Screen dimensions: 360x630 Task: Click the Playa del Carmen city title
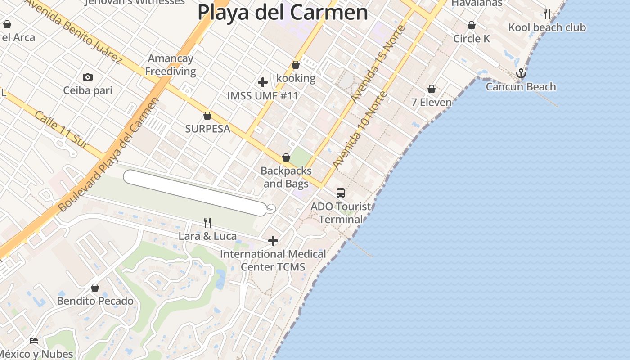[x=283, y=12]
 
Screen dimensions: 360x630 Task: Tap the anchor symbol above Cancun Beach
[x=521, y=73]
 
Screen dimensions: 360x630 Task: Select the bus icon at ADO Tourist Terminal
[x=341, y=193]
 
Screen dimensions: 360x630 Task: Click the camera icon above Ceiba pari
[x=88, y=77]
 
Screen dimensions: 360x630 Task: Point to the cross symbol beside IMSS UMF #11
[x=263, y=82]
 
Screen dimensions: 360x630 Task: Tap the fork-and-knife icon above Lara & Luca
[x=207, y=222]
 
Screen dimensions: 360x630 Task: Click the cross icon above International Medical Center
[x=273, y=241]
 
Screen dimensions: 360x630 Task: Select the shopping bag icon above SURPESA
[x=207, y=116]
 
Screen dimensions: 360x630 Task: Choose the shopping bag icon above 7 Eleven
[x=432, y=90]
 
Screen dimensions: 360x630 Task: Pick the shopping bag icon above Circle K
[x=472, y=26]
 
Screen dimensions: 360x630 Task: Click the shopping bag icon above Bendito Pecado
[x=95, y=288]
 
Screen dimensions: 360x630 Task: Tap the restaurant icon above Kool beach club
[x=547, y=14]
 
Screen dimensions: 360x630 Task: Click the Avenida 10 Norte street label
[x=359, y=130]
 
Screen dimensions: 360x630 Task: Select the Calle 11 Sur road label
[x=61, y=130]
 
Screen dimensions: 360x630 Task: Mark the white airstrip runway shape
[x=195, y=193]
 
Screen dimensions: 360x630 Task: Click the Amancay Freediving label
[x=171, y=65]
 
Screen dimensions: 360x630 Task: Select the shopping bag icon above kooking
[x=296, y=65]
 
